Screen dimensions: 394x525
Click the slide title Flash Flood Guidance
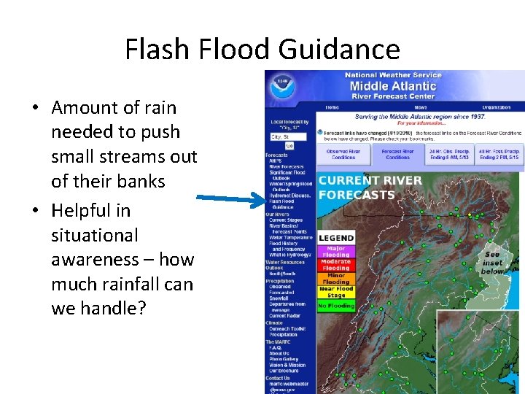click(x=262, y=50)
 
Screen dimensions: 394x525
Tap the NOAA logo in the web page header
click(x=280, y=87)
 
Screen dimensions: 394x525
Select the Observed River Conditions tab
click(x=343, y=155)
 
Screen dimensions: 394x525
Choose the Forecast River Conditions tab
click(x=397, y=155)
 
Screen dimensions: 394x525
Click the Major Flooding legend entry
click(x=336, y=252)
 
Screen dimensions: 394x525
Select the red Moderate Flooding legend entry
click(x=336, y=265)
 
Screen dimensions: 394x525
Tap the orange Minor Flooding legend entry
click(x=336, y=278)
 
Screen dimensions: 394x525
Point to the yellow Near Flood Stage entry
click(x=336, y=292)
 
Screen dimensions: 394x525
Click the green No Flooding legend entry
click(x=336, y=306)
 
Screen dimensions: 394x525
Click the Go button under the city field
click(x=289, y=145)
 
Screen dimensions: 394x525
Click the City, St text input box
click(x=288, y=136)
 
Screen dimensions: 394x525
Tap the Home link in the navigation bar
click(x=332, y=107)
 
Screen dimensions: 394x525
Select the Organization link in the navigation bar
click(x=496, y=107)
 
